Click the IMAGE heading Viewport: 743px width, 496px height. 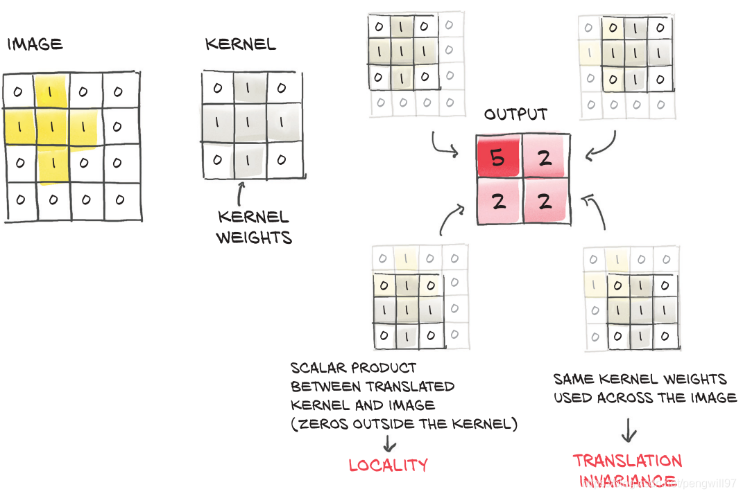pos(35,45)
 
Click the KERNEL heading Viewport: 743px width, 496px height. pos(240,45)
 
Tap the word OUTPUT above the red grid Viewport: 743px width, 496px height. pos(515,114)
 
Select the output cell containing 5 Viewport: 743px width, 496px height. pos(499,158)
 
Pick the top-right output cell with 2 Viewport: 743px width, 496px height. pos(545,158)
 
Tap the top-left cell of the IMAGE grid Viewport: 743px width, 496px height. pos(19,91)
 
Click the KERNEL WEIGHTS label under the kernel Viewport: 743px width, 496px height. pos(253,227)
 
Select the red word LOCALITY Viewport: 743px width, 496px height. pos(388,465)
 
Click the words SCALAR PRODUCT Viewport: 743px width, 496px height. pos(354,367)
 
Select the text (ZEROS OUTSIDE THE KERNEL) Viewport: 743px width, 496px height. pos(404,424)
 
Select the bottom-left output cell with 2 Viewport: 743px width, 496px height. pos(499,202)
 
